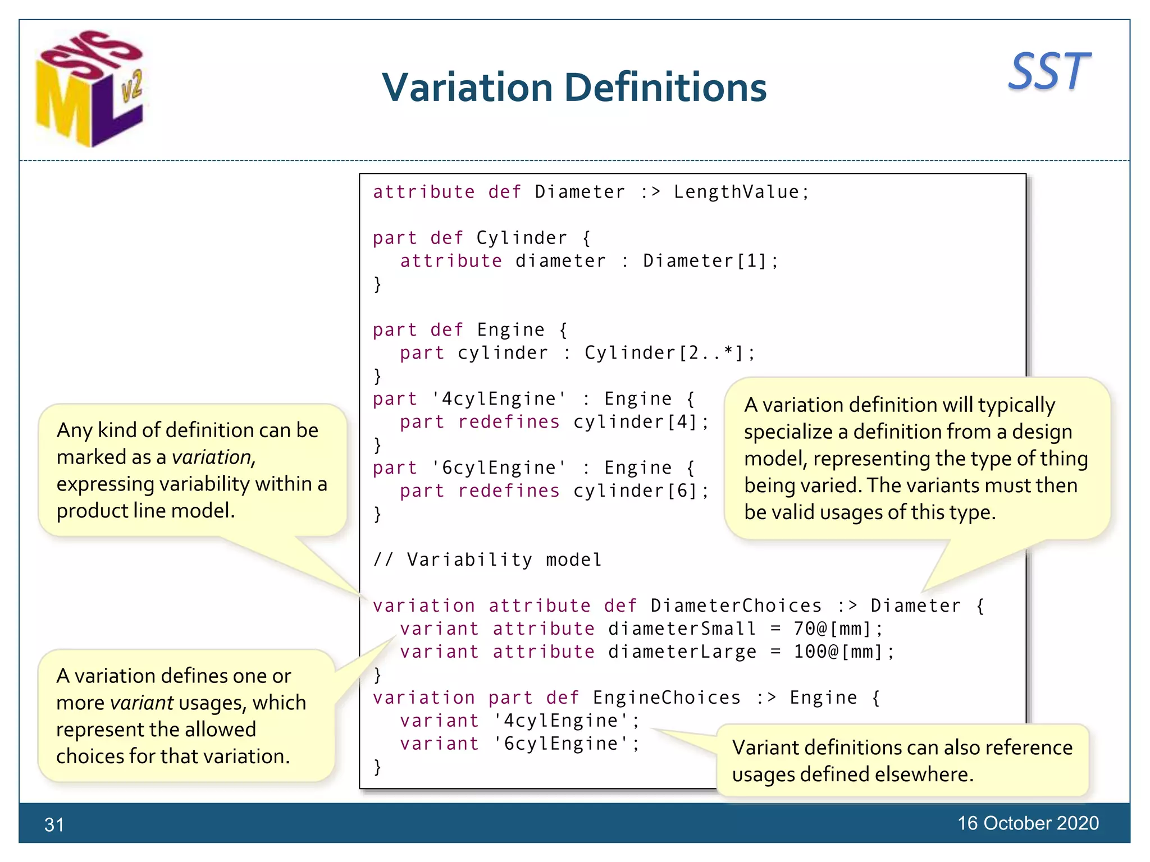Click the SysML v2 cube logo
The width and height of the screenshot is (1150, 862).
point(90,90)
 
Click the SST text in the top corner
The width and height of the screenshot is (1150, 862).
point(1048,71)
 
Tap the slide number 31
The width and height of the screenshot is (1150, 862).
point(54,824)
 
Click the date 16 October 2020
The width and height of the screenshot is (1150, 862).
point(1028,823)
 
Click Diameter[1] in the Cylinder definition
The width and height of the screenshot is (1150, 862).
point(710,261)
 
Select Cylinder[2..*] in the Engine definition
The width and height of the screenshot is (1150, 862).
point(669,353)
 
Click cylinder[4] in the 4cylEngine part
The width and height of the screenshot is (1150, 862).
point(640,422)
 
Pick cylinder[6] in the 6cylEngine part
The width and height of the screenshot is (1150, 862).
point(640,491)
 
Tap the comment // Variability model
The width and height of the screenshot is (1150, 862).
point(487,560)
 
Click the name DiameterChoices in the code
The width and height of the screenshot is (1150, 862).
point(736,606)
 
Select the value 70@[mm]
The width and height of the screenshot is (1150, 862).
point(837,629)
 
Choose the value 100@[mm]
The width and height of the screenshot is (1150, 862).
point(842,652)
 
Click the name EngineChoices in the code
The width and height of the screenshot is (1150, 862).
point(667,698)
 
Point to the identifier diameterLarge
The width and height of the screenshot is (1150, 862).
point(682,652)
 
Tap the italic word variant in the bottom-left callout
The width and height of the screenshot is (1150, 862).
point(142,703)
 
